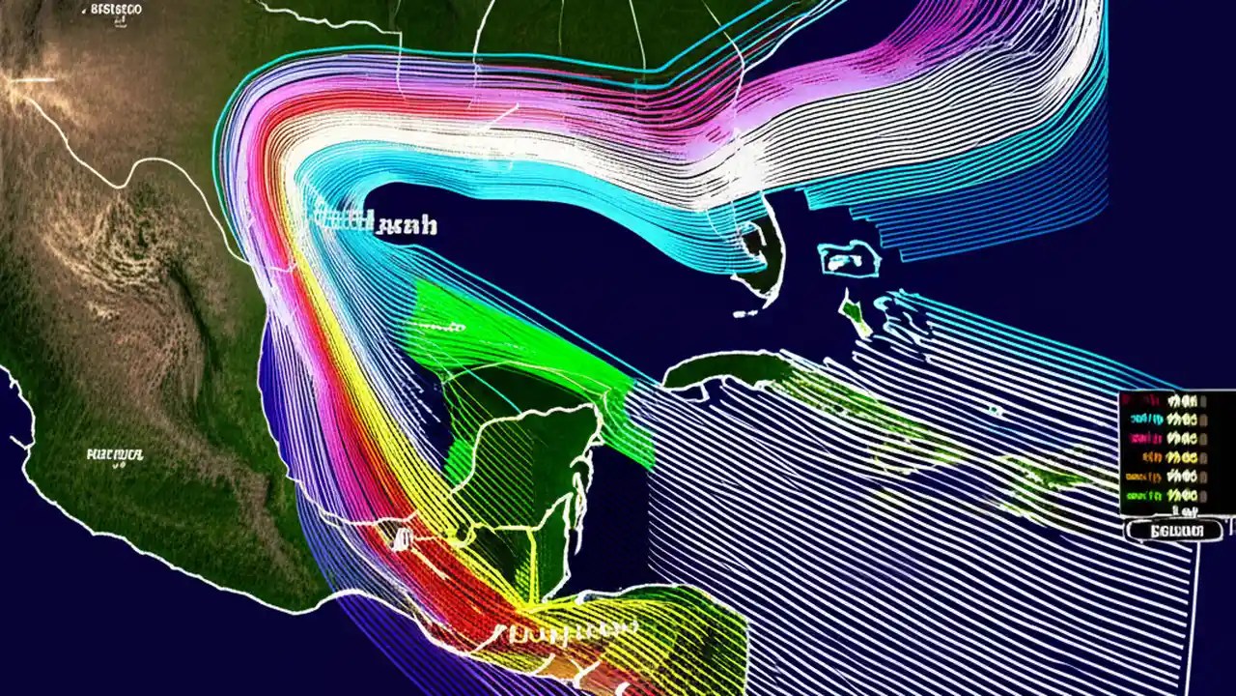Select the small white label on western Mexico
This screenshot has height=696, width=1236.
115,453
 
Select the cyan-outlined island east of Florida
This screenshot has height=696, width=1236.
849,258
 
